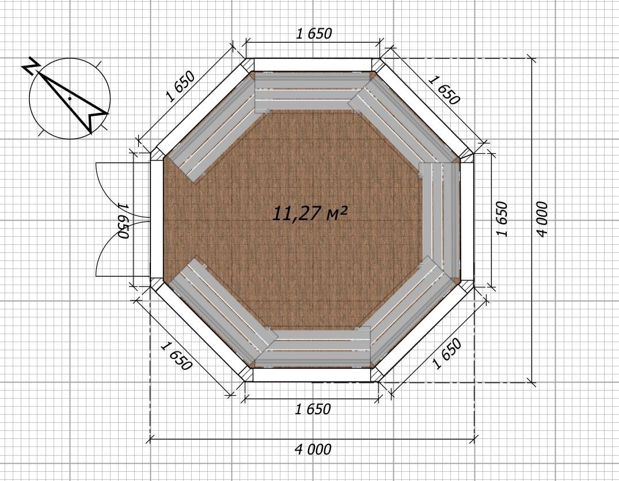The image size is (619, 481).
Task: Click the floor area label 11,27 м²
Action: click(x=310, y=214)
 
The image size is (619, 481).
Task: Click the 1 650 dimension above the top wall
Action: click(x=314, y=33)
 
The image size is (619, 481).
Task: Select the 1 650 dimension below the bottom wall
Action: click(x=313, y=409)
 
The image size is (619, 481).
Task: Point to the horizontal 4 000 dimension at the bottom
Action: click(x=313, y=449)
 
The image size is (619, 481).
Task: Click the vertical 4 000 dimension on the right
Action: click(x=542, y=219)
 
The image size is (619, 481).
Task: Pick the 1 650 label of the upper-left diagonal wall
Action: click(x=180, y=87)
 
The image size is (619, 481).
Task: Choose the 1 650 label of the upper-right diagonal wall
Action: click(x=444, y=90)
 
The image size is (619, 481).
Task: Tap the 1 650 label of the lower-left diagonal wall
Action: click(x=176, y=357)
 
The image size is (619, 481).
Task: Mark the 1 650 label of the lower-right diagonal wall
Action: click(x=446, y=354)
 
